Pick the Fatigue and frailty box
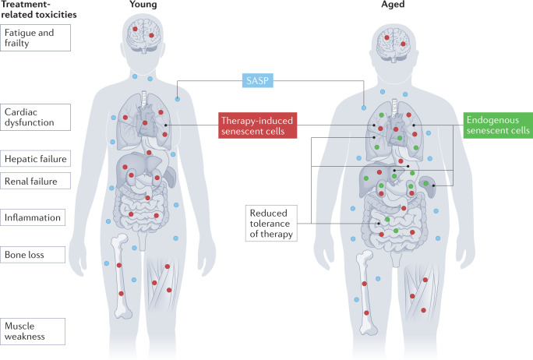click(x=36, y=37)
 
